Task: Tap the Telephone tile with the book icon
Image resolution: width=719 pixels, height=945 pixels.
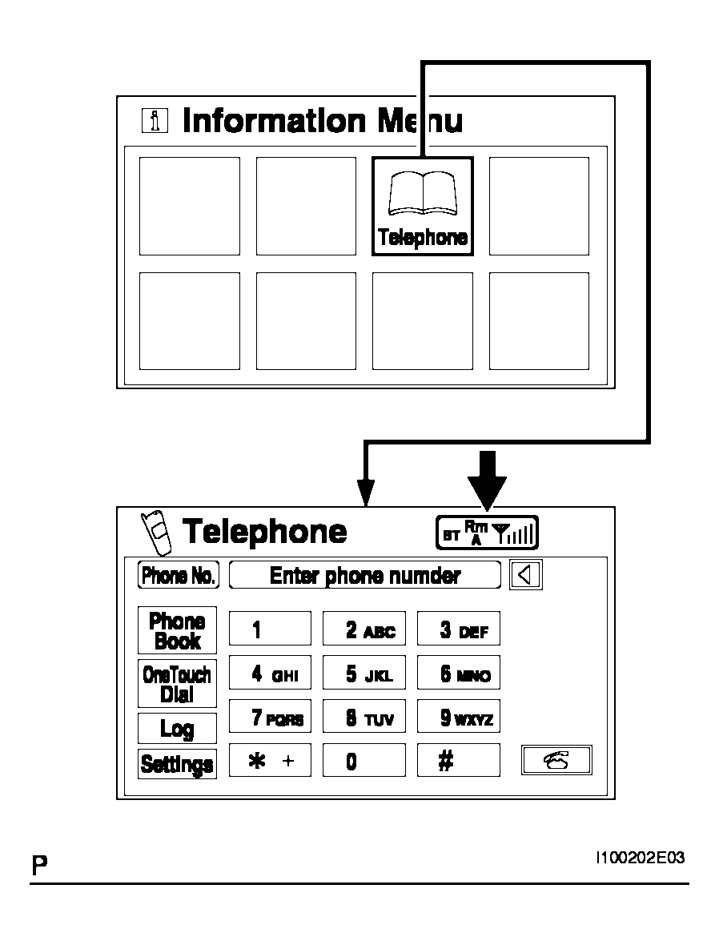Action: point(423,206)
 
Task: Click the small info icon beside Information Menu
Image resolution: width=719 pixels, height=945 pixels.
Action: point(155,121)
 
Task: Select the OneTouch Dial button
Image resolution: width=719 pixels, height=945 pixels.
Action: point(177,683)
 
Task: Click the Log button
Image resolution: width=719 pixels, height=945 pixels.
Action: point(177,728)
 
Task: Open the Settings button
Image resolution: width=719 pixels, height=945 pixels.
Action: point(177,763)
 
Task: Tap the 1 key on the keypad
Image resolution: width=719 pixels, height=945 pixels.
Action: point(270,629)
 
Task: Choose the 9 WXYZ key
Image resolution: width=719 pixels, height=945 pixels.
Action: point(459,716)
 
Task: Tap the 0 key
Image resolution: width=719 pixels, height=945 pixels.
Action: point(364,760)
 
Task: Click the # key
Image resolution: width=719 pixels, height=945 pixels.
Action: point(459,760)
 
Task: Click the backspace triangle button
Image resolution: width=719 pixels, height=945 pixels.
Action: point(525,574)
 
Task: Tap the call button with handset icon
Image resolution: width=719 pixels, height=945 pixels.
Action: point(556,760)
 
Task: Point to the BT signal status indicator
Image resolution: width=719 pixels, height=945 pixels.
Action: point(487,533)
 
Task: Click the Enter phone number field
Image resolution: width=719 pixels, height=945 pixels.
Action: point(365,575)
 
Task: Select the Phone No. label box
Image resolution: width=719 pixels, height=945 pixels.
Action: point(179,575)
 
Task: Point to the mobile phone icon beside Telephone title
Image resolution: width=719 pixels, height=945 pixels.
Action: point(156,533)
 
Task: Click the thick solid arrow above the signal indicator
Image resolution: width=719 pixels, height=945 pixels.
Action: point(487,481)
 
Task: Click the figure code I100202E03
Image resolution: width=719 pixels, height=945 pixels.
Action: point(640,858)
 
